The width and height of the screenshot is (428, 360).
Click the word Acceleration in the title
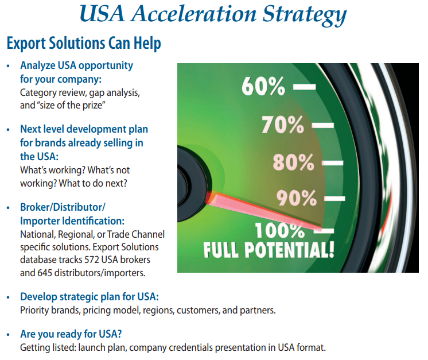click(194, 14)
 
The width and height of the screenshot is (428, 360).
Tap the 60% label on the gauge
click(263, 86)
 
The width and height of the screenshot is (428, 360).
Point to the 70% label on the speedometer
click(283, 125)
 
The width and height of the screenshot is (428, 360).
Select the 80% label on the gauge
click(293, 162)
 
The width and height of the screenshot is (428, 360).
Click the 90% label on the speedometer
click(297, 198)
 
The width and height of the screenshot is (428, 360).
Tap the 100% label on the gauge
click(280, 231)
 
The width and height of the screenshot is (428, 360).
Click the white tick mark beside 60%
click(304, 87)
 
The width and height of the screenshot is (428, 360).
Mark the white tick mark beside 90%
click(334, 199)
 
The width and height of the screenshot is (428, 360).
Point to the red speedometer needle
click(264, 210)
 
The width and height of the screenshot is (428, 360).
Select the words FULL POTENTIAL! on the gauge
click(269, 250)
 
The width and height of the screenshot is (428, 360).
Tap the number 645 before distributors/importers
click(45, 273)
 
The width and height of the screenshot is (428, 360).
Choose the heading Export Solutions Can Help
click(84, 43)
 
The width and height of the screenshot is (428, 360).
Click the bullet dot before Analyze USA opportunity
click(8, 66)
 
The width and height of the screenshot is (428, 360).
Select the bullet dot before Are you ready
click(8, 334)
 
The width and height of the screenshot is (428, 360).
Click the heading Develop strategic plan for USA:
click(90, 297)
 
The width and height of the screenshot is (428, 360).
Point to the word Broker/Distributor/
click(63, 207)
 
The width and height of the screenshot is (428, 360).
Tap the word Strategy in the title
click(305, 15)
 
